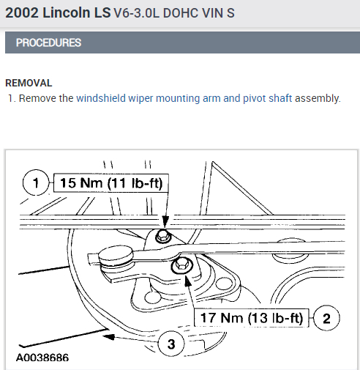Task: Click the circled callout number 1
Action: (x=36, y=182)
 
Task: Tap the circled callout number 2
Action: (x=326, y=318)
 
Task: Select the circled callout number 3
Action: (x=171, y=344)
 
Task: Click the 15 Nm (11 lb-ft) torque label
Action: (x=111, y=183)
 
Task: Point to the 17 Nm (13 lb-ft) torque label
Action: (x=252, y=318)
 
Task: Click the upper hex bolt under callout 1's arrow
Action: (x=162, y=236)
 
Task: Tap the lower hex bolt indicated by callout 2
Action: (x=181, y=264)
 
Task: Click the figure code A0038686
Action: (x=42, y=358)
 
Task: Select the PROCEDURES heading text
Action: (x=48, y=42)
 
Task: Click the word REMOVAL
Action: (x=29, y=83)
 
